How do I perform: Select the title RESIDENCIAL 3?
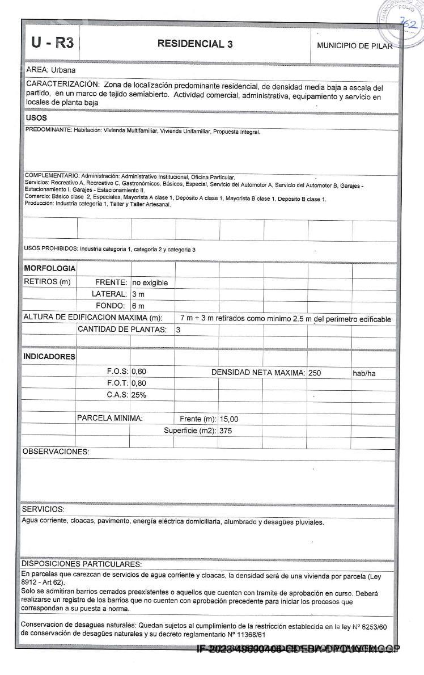[195, 44]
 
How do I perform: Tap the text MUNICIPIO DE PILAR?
[354, 46]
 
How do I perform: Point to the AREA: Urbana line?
[51, 70]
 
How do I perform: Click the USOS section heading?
[36, 118]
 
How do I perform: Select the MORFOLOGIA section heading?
[50, 268]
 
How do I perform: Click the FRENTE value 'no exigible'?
[150, 282]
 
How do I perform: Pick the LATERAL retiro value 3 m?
[138, 294]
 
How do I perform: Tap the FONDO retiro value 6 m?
[138, 306]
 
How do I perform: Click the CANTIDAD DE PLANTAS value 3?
[178, 330]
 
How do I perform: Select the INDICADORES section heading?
[49, 357]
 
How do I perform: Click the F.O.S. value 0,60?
[139, 372]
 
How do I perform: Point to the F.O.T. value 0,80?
[139, 383]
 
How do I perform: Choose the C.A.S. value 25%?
[139, 395]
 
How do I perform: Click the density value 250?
[315, 373]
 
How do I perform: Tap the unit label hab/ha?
[364, 373]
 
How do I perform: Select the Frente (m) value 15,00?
[229, 419]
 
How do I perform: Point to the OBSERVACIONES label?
[56, 452]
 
